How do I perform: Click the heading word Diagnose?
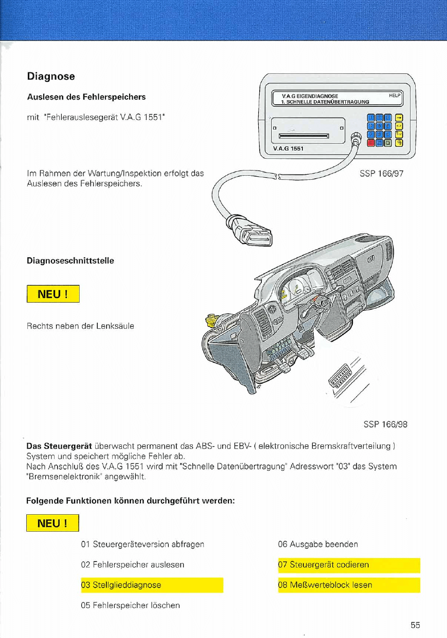[51, 77]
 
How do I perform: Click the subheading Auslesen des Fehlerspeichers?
[86, 97]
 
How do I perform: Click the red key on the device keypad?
[371, 143]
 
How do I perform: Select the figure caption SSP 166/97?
[381, 174]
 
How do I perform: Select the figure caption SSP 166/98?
[385, 424]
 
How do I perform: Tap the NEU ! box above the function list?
[53, 523]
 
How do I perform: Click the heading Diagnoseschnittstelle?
[70, 261]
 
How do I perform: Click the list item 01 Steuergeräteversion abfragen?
[142, 544]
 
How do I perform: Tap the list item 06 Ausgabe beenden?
[318, 544]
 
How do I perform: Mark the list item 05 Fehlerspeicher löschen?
[131, 605]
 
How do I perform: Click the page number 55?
[416, 625]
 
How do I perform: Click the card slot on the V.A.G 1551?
[303, 136]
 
